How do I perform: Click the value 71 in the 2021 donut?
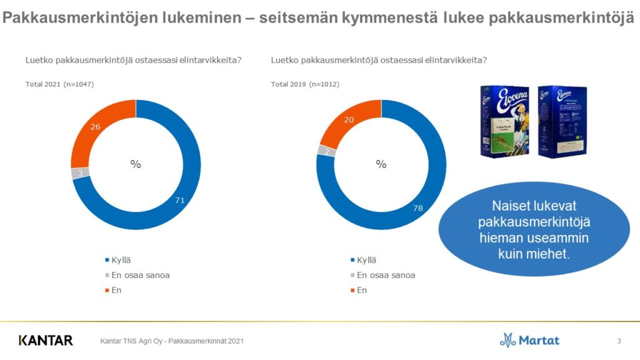click(x=179, y=199)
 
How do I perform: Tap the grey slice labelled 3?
click(x=81, y=173)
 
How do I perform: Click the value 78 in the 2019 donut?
click(x=418, y=207)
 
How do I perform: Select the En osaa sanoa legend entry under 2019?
click(x=386, y=275)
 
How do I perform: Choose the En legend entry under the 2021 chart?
click(x=116, y=290)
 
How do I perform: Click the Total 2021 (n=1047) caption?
click(x=59, y=84)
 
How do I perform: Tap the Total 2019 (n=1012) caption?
click(x=305, y=84)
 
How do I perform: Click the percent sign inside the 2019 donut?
click(x=381, y=164)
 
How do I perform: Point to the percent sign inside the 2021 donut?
click(x=136, y=164)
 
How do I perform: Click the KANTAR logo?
click(x=46, y=341)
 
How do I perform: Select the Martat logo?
click(x=529, y=341)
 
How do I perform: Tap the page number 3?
click(x=619, y=341)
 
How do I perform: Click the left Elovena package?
click(x=504, y=121)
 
